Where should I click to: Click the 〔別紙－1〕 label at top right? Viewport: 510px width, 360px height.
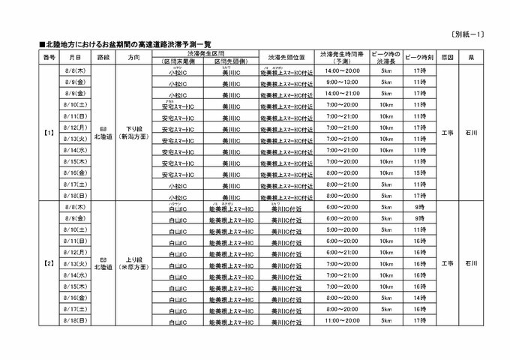click(x=483, y=34)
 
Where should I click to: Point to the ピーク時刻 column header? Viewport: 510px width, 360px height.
click(x=418, y=57)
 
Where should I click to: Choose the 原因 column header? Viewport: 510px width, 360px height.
click(x=447, y=57)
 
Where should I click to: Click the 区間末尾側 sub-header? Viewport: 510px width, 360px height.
click(x=178, y=61)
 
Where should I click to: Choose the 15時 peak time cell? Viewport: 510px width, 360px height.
click(x=418, y=172)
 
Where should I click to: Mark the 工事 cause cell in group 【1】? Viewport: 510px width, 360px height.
click(x=447, y=133)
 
